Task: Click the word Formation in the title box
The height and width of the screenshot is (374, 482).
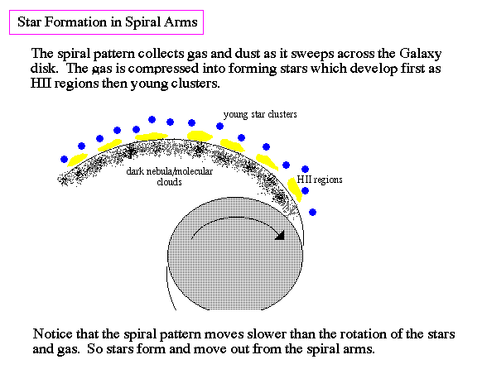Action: coord(84,22)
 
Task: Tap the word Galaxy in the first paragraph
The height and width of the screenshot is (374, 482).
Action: coord(420,54)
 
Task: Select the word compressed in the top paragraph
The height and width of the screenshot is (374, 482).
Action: coord(163,69)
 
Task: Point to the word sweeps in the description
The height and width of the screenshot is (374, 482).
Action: coord(312,55)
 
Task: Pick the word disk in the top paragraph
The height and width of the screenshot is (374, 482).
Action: coord(44,68)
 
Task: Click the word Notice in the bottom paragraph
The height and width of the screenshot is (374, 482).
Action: coord(52,333)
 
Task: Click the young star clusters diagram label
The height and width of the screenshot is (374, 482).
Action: coord(260,114)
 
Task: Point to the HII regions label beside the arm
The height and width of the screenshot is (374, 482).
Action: coord(320,180)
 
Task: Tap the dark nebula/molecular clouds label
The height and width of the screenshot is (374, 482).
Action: coord(170,176)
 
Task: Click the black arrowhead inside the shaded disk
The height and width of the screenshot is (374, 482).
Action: coord(280,235)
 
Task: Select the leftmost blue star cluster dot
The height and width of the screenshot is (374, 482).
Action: coord(65,160)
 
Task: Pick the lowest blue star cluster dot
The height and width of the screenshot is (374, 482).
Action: coord(312,212)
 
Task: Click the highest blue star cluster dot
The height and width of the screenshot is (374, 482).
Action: coord(152,120)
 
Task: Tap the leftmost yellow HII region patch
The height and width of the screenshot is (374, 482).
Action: coord(77,160)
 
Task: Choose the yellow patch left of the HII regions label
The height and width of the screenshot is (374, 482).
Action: coord(294,189)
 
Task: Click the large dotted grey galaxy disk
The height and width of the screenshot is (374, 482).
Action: coord(235,254)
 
